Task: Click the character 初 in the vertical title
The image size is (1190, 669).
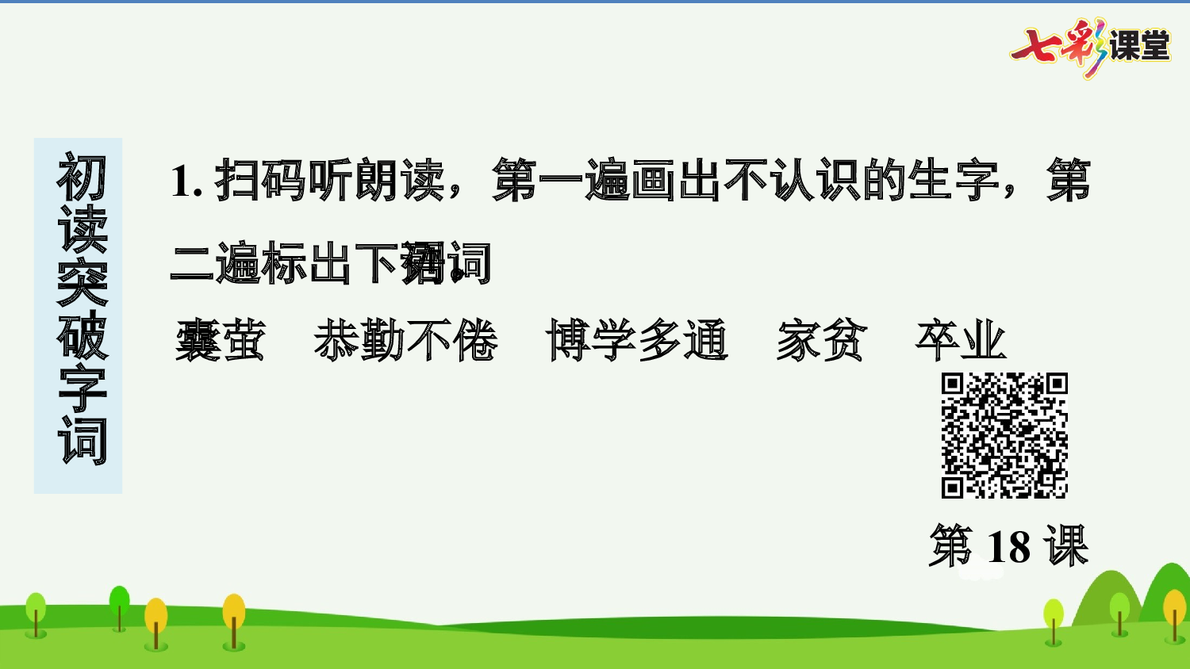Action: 82,178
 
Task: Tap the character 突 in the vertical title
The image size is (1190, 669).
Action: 82,282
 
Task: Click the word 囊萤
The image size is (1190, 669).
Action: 220,341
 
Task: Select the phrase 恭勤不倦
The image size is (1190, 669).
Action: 405,341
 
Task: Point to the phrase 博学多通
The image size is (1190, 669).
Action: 636,341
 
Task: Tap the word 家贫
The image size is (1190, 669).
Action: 822,341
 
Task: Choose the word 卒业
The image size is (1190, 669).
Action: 961,341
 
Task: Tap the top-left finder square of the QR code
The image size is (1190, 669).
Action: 952,384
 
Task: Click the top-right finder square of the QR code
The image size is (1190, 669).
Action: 1056,384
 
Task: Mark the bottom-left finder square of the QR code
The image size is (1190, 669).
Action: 952,487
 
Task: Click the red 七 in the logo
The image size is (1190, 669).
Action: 1036,46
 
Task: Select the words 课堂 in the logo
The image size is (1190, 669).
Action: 1139,46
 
